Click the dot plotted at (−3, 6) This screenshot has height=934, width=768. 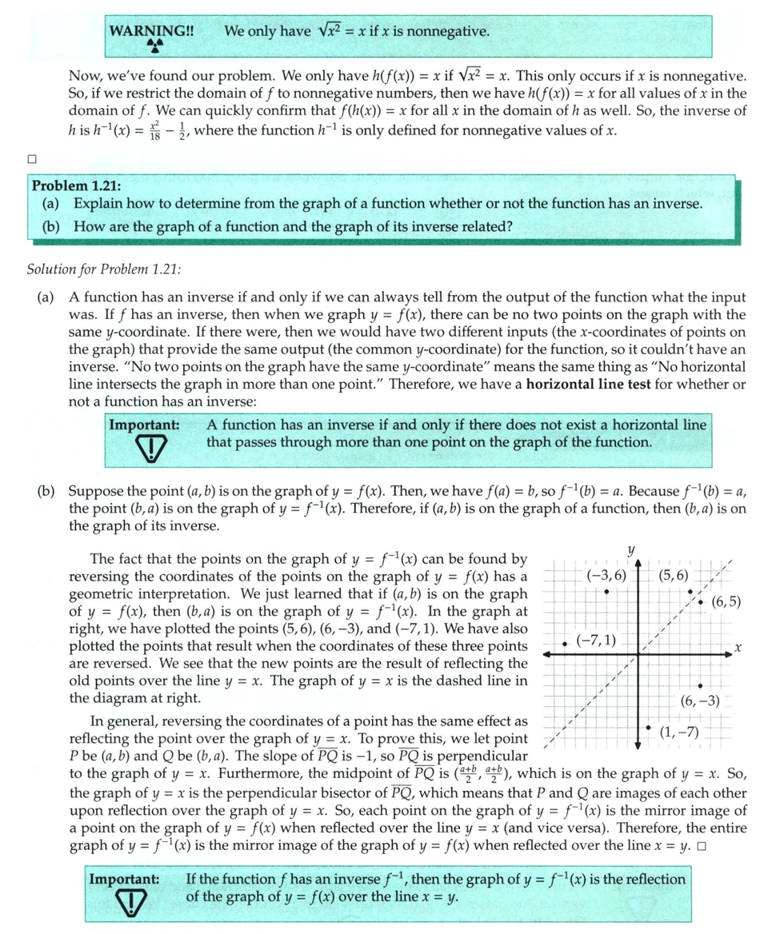pos(607,591)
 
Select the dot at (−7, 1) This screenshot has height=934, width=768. pos(565,643)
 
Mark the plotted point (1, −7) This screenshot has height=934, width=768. pos(648,728)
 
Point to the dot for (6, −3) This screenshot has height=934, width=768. pos(700,686)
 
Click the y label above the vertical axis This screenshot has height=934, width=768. pos(631,550)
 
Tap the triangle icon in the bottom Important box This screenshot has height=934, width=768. pos(127,903)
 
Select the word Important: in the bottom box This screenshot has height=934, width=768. pos(125,880)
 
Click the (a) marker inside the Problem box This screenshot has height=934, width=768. pos(52,205)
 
